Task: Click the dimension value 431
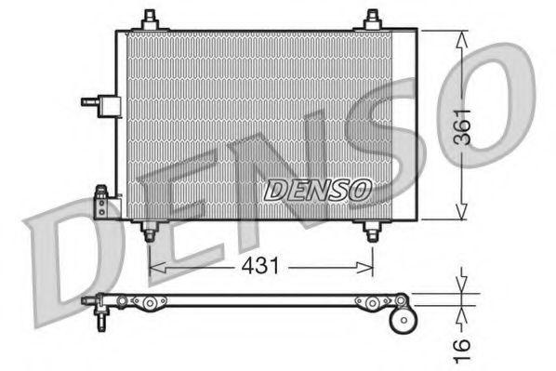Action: [261, 267]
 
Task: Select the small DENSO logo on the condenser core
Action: [317, 191]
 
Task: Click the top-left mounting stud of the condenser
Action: [149, 19]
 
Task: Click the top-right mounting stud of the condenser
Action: [372, 19]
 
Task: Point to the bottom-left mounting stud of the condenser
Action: [148, 232]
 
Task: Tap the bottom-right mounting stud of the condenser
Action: [372, 232]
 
